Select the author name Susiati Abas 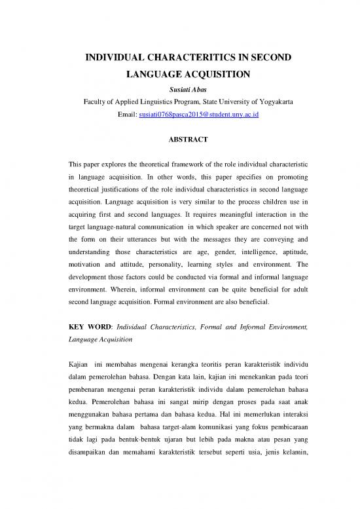[x=180, y=89]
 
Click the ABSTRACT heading [x=180, y=140]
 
